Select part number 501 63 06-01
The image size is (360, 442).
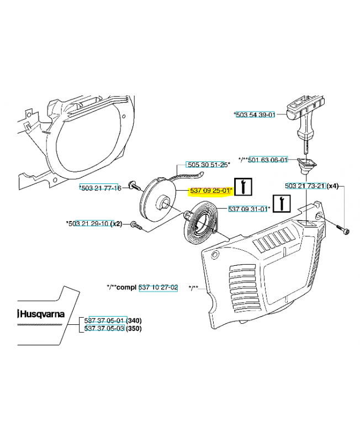268,160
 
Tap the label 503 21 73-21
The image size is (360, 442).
305,186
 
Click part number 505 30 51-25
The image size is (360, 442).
207,165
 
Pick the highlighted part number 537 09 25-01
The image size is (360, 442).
210,191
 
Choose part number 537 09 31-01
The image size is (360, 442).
248,209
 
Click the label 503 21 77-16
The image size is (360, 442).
102,188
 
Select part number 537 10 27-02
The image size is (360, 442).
158,287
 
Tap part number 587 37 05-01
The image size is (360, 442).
105,320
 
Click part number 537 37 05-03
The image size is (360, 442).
105,328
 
